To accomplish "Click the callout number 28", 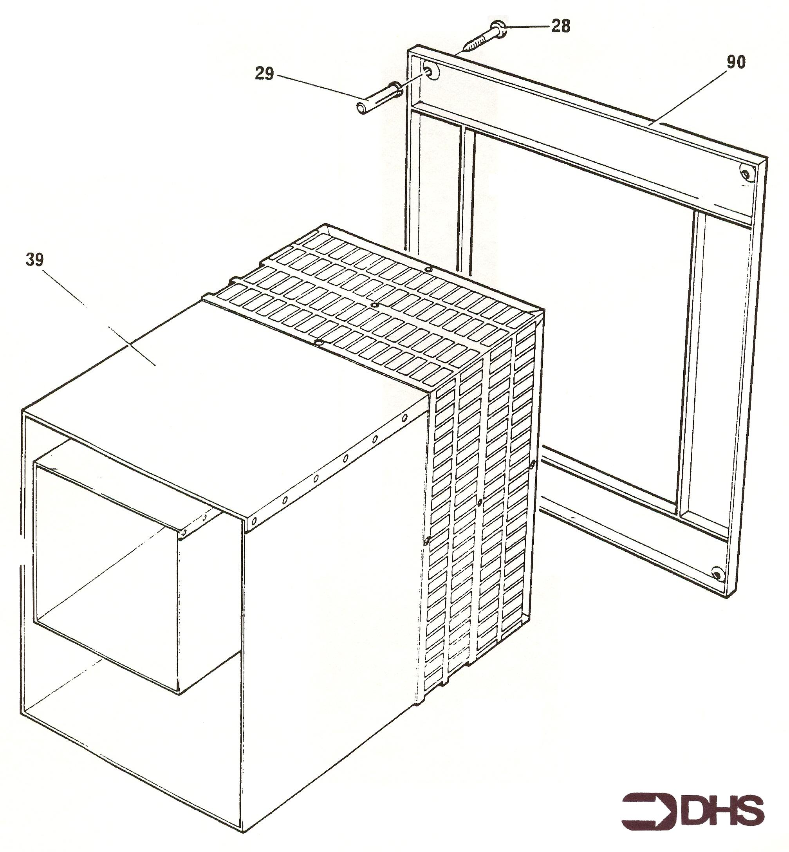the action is (x=561, y=26).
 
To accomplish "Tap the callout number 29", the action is (x=264, y=74).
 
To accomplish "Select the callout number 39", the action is (x=34, y=259).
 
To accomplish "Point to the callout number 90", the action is (x=736, y=62).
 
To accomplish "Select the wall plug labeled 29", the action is (x=378, y=98).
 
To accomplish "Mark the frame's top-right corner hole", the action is (x=746, y=174).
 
